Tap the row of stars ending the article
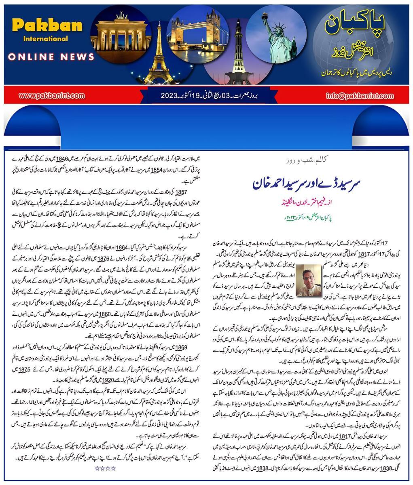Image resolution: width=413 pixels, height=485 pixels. pos(105,468)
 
